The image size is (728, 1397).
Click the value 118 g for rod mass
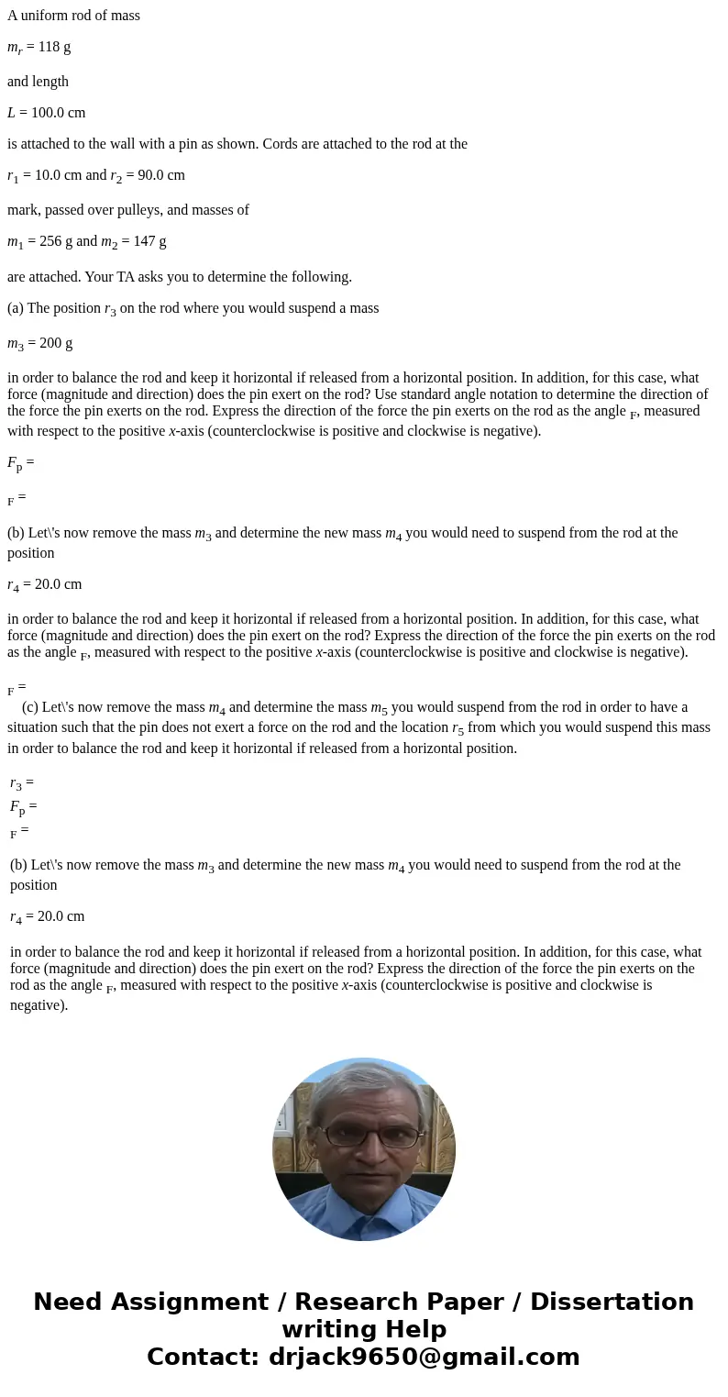[54, 47]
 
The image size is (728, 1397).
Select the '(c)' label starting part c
[30, 707]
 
